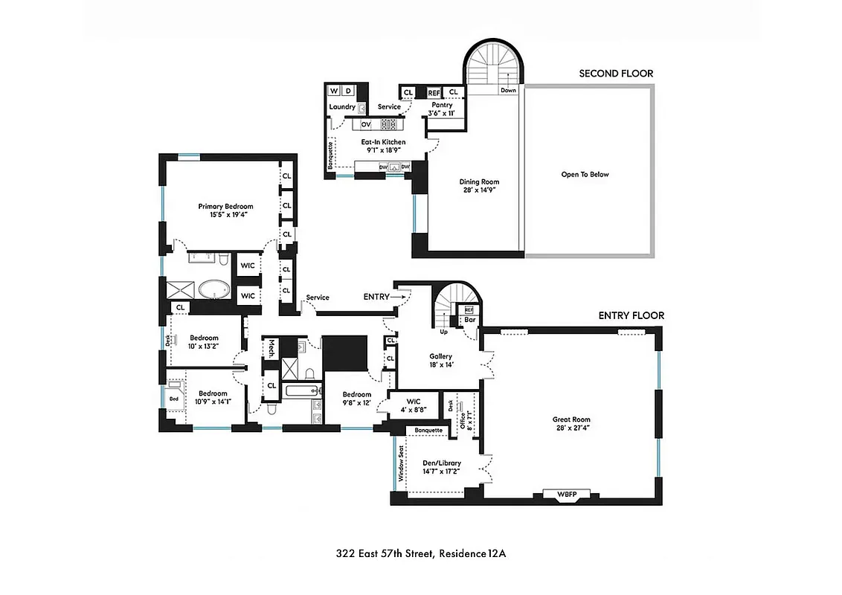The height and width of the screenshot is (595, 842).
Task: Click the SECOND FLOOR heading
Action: [x=616, y=74]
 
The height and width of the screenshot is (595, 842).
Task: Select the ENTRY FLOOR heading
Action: [x=631, y=315]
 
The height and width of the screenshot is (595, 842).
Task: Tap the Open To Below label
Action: [x=585, y=175]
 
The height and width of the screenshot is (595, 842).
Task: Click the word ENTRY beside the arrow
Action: [x=376, y=297]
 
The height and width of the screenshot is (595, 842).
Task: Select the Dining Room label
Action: [x=480, y=185]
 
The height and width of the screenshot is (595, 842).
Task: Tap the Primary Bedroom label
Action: [x=225, y=210]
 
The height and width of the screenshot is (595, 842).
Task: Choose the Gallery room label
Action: [x=441, y=360]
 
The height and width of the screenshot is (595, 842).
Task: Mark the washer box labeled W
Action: [x=334, y=91]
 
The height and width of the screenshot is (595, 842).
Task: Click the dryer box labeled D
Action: [x=347, y=91]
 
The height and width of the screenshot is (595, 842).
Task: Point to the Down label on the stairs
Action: [x=508, y=91]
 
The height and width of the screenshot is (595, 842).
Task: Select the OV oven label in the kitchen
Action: [x=366, y=124]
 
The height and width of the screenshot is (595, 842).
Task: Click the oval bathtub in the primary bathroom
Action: [x=216, y=289]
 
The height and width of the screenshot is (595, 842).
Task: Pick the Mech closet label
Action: [x=272, y=348]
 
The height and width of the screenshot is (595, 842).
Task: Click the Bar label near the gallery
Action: [x=469, y=321]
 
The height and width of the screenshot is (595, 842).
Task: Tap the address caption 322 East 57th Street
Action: [x=421, y=553]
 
